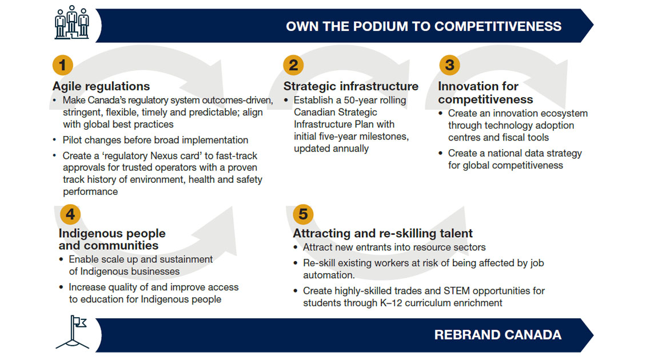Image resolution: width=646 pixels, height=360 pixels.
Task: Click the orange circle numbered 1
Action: [x=63, y=65]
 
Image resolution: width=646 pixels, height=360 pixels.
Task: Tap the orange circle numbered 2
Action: [x=293, y=65]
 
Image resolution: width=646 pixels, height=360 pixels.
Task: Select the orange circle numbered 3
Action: [x=449, y=65]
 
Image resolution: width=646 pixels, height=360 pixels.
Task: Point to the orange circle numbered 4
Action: [x=70, y=214]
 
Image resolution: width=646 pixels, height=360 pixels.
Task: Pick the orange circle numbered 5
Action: [x=303, y=214]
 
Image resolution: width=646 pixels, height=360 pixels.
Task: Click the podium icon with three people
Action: [x=71, y=22]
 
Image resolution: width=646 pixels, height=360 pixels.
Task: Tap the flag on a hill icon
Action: [x=73, y=332]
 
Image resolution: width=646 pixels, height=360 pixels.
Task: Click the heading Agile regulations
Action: [x=101, y=86]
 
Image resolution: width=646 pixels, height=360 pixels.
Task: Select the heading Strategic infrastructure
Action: [x=350, y=86]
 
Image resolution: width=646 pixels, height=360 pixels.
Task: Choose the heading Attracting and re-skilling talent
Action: [x=382, y=233]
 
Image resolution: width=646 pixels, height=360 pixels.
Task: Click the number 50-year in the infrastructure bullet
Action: [x=362, y=101]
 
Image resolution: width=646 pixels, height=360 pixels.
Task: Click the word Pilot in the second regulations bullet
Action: [x=73, y=140]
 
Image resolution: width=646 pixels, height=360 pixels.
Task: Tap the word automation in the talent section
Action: [x=329, y=275]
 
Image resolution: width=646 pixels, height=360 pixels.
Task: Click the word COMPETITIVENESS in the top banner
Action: [x=498, y=26]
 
